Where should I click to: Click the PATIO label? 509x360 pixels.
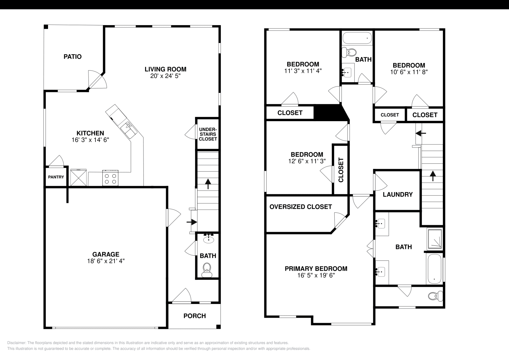coord(73,57)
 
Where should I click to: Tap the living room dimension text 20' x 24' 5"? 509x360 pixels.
coord(165,76)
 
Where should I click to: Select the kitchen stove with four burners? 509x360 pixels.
coord(110,178)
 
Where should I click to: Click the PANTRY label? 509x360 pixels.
coord(56,177)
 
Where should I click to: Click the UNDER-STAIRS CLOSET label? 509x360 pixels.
coord(208,134)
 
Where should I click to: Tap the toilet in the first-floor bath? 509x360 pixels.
coord(207,270)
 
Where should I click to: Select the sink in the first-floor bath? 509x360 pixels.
coord(208,239)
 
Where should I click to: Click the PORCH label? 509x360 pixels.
coord(194,316)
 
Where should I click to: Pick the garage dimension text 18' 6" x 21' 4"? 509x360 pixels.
coord(106,261)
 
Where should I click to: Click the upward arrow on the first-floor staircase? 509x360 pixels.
coord(208,184)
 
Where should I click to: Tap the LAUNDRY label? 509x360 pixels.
coord(398,194)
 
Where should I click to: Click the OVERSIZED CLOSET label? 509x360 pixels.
coord(301,207)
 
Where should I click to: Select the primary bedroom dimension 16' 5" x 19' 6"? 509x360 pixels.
coord(316,275)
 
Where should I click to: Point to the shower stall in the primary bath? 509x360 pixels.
coord(435,239)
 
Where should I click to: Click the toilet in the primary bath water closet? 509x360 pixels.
coord(435,296)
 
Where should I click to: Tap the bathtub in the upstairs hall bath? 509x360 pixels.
coord(357,38)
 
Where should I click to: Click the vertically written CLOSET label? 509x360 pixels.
coord(341,170)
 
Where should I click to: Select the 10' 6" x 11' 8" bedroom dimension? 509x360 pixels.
coord(409,72)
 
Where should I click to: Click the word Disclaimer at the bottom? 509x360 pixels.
coord(16,343)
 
